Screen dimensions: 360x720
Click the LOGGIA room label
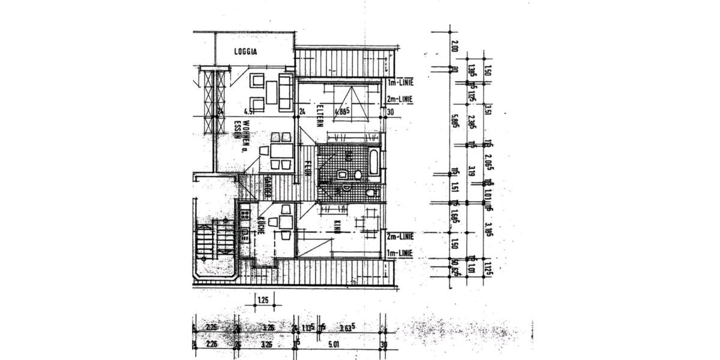(245, 52)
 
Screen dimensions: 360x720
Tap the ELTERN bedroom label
(321, 116)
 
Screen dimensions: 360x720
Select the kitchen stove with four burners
(244, 213)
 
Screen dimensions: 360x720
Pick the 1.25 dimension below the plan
(262, 299)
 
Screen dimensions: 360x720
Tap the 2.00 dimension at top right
(454, 46)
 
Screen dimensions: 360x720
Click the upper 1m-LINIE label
(401, 82)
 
